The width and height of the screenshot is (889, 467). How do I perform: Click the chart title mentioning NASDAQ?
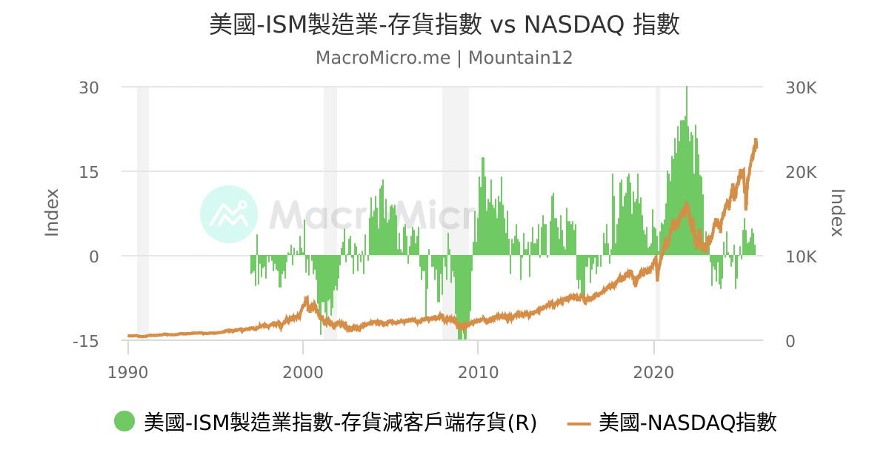coord(444,25)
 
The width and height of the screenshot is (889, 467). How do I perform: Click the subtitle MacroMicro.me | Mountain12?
coord(444,58)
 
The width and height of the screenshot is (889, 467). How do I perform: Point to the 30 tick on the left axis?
coord(90,87)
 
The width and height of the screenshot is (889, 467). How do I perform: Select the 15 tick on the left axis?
coord(90,172)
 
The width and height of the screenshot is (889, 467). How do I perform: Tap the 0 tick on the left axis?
coord(94,256)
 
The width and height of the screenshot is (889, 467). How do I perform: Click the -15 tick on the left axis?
coord(86,342)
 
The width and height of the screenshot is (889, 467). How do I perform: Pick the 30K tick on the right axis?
coord(801,87)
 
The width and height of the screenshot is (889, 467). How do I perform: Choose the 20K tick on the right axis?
coord(801,172)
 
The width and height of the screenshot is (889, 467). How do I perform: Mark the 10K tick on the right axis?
coord(801,256)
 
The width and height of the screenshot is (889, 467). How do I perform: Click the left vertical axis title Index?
coord(52,213)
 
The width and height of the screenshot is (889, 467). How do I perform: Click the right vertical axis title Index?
coord(837,213)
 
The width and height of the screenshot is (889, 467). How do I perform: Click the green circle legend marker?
coord(124,422)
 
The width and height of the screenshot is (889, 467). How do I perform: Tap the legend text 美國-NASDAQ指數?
coord(687,423)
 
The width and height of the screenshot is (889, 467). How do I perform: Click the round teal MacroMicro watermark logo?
coord(229,214)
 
